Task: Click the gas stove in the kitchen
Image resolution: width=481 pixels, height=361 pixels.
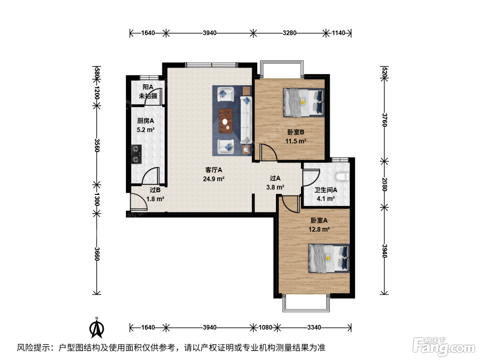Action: point(136,154)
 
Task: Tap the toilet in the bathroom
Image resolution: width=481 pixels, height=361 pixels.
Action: point(342,177)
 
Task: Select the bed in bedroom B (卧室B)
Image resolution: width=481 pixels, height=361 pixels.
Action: point(304,102)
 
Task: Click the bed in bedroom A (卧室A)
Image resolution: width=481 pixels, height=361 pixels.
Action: point(329,259)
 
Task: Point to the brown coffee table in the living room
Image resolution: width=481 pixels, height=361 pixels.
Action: point(226,121)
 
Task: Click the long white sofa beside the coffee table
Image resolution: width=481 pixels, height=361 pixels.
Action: point(246,120)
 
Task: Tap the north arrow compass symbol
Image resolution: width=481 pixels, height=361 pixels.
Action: point(97,328)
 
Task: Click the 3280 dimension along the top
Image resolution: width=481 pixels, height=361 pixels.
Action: point(289,33)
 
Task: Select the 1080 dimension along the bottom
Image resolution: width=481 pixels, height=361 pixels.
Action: point(265,327)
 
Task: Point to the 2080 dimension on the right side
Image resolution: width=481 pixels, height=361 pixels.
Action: point(384,184)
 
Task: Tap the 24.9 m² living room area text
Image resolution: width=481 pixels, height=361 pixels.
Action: point(214,179)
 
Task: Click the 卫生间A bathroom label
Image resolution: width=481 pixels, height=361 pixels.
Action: point(326,190)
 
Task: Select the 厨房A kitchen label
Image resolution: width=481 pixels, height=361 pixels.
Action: point(146,121)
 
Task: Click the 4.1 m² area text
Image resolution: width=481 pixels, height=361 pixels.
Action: point(326,199)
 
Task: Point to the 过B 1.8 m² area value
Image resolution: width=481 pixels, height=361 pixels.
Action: point(155,199)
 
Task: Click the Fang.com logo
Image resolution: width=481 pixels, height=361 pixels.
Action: point(444,347)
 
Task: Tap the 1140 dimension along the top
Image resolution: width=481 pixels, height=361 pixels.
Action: point(338,33)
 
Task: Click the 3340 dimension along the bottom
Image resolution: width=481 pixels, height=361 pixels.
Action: point(314,327)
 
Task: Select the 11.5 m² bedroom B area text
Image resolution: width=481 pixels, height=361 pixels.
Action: point(295,141)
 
